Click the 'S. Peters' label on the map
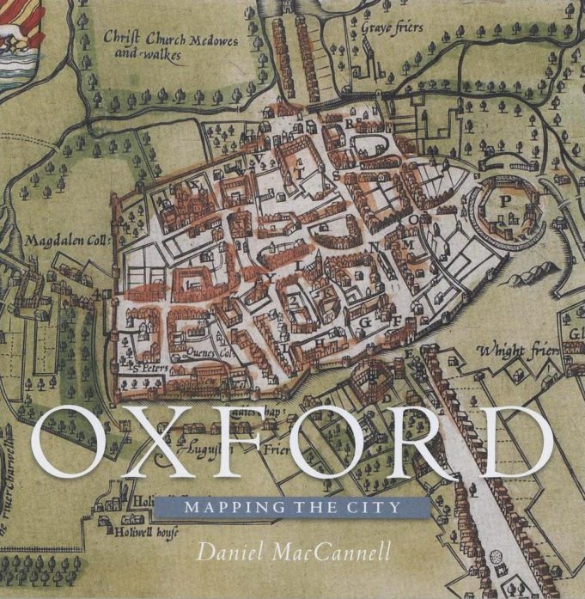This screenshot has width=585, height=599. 150,367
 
